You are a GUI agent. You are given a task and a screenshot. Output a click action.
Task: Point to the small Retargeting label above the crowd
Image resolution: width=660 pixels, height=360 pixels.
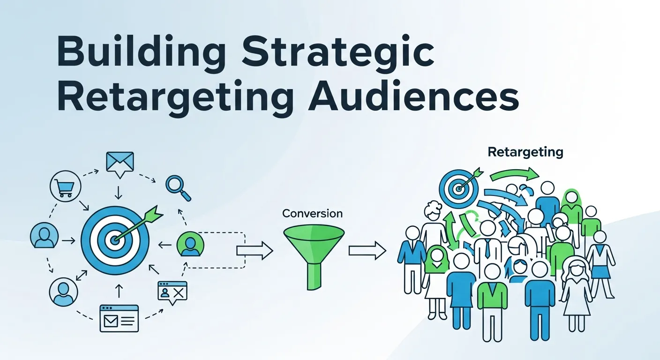click(x=525, y=152)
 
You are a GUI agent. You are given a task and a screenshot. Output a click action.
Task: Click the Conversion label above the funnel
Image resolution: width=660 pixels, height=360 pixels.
click(x=312, y=214)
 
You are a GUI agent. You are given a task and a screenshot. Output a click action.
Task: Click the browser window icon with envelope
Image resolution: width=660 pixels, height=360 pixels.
click(x=119, y=318)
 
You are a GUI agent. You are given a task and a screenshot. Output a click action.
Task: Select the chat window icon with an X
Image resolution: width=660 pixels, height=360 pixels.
click(x=172, y=292)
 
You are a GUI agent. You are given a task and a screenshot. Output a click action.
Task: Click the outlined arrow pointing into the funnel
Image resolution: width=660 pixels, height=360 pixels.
click(x=254, y=250)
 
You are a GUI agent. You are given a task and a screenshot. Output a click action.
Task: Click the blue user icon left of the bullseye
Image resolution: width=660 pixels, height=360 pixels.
click(x=44, y=235)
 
